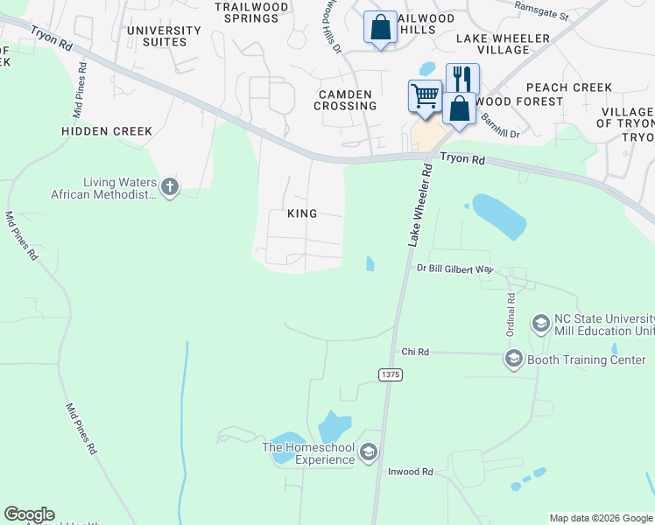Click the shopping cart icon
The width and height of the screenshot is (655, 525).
click(425, 95)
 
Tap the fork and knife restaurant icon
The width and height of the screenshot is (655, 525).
click(462, 79)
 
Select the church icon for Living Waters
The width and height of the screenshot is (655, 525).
click(170, 186)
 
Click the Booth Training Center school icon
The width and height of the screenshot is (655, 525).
click(513, 359)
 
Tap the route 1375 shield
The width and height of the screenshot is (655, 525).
click(390, 374)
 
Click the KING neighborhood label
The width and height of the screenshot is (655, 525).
click(302, 213)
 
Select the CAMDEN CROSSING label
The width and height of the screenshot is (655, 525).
click(348, 100)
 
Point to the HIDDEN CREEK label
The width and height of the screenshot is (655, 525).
click(107, 131)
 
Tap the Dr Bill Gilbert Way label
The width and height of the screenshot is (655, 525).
click(455, 269)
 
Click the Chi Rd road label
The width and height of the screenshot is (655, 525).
click(415, 352)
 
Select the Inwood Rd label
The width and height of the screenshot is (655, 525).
click(411, 472)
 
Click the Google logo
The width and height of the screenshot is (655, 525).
click(29, 514)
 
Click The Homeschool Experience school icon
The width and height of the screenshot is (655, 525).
click(369, 451)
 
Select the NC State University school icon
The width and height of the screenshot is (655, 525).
click(540, 324)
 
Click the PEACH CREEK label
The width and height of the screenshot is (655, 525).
click(568, 87)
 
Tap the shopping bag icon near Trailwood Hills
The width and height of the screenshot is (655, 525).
click(380, 27)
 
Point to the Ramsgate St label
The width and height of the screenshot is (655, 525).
click(542, 16)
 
